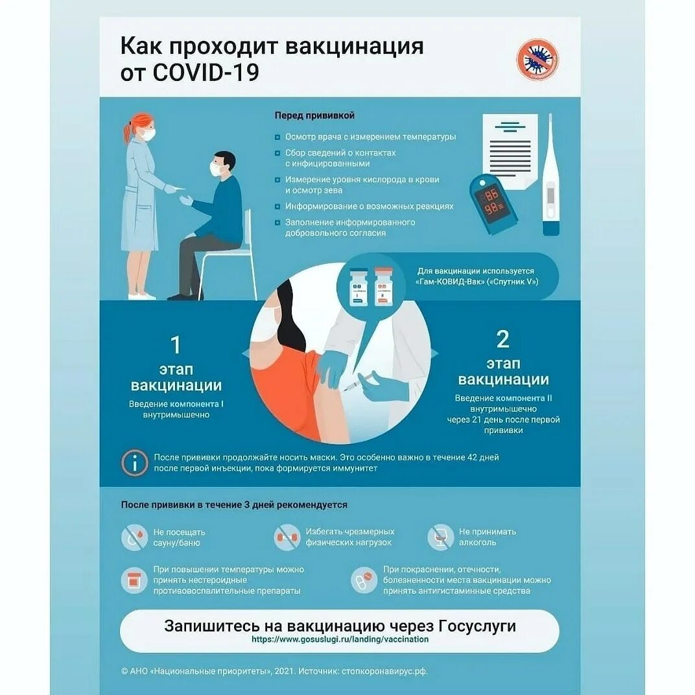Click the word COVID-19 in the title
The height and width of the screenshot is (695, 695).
[x=206, y=72]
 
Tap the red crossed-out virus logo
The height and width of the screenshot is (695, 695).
[x=537, y=60]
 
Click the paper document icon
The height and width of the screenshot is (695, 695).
[x=510, y=147]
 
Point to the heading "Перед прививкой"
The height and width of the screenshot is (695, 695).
[x=314, y=115]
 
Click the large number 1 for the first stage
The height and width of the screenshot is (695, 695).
[x=175, y=344]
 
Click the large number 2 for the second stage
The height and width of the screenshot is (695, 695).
[x=502, y=339]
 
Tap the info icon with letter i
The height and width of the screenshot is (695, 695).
[x=135, y=462]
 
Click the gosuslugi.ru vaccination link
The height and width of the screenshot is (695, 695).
[x=340, y=639]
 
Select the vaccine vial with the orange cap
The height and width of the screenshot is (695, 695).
[x=384, y=286]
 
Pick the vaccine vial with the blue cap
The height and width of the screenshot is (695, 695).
[x=358, y=286]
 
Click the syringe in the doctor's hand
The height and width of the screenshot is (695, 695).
[x=355, y=383]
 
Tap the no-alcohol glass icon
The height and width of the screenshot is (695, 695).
[x=440, y=537]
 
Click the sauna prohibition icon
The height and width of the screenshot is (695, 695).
[x=134, y=537]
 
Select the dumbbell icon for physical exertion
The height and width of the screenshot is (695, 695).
[x=287, y=537]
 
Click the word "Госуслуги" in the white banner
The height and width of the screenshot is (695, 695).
[x=477, y=626]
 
